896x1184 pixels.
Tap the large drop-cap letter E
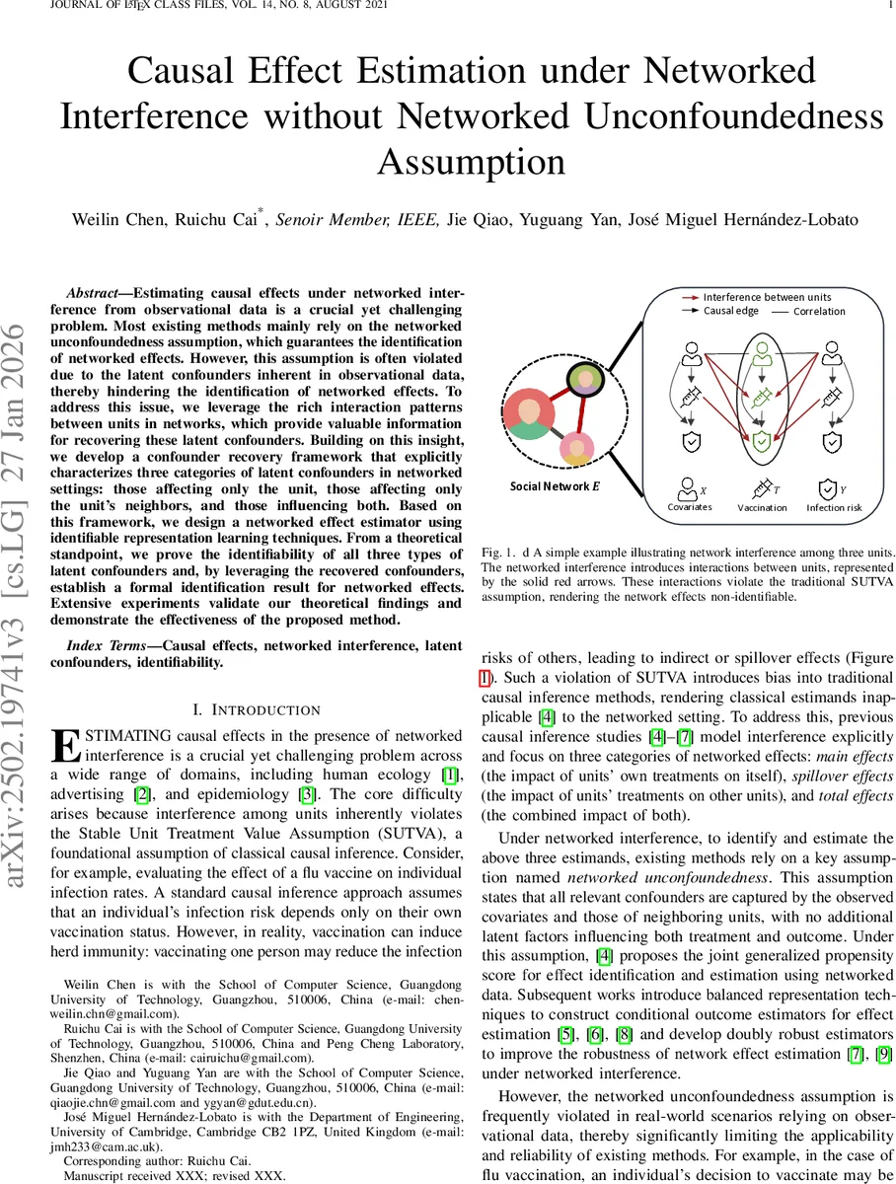coord(65,747)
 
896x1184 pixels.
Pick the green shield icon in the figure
coord(759,442)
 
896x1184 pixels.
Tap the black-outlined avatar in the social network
coord(583,380)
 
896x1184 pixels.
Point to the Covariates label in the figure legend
coord(690,507)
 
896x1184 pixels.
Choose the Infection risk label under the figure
coord(834,507)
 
